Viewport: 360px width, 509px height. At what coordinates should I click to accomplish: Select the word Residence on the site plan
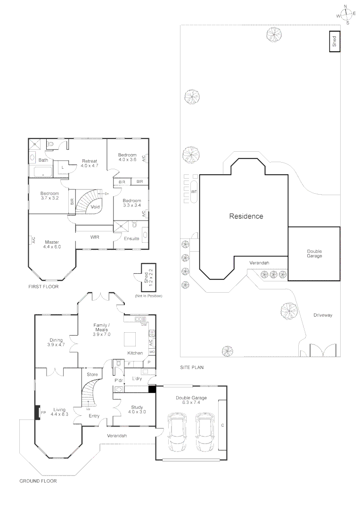tap(246, 217)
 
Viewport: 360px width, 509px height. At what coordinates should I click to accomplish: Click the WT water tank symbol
tap(194, 192)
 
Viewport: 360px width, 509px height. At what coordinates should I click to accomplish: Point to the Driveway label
tap(323, 315)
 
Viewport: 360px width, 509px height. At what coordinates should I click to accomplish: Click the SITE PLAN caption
tap(192, 367)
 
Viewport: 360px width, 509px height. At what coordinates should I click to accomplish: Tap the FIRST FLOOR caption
tap(43, 287)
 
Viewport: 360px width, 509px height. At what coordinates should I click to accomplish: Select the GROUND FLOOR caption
tap(38, 481)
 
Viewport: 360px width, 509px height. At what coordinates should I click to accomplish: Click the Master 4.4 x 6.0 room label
tap(52, 244)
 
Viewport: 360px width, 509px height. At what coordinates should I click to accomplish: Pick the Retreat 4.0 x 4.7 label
tap(89, 163)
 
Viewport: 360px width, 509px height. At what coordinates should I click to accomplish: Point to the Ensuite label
tap(131, 238)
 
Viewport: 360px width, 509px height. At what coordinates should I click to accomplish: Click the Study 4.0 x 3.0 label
tap(137, 409)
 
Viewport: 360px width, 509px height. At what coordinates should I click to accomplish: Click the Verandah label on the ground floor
tap(116, 435)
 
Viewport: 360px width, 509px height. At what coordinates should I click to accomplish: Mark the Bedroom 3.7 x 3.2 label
tap(49, 196)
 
